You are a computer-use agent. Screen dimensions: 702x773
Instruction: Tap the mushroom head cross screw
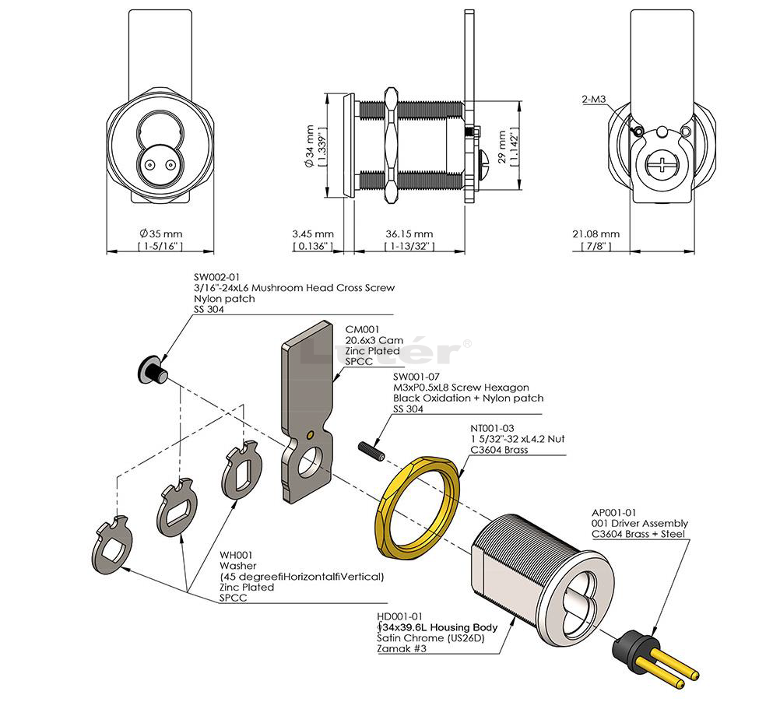(149, 367)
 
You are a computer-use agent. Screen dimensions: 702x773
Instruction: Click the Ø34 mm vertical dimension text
(309, 144)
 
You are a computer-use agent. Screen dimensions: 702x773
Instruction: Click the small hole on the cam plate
(310, 433)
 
